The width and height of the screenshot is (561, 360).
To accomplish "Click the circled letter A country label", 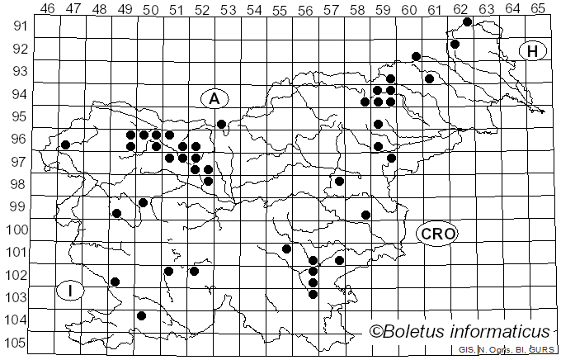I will click(214, 98).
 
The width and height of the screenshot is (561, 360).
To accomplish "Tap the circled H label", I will click(533, 51).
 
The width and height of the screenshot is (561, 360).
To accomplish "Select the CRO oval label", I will click(437, 234).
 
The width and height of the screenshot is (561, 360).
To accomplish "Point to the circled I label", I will click(71, 291).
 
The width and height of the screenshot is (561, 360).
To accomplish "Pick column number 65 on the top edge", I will click(538, 8).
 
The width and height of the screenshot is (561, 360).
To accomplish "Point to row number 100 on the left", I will click(16, 230).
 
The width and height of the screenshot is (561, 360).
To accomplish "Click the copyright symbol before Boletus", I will click(376, 332).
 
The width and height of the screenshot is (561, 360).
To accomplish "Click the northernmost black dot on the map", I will click(468, 21).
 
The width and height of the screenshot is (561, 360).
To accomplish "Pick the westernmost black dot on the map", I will click(65, 144).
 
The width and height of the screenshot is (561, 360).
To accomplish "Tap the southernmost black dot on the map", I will click(142, 315).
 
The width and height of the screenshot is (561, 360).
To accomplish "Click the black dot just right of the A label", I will click(221, 124).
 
